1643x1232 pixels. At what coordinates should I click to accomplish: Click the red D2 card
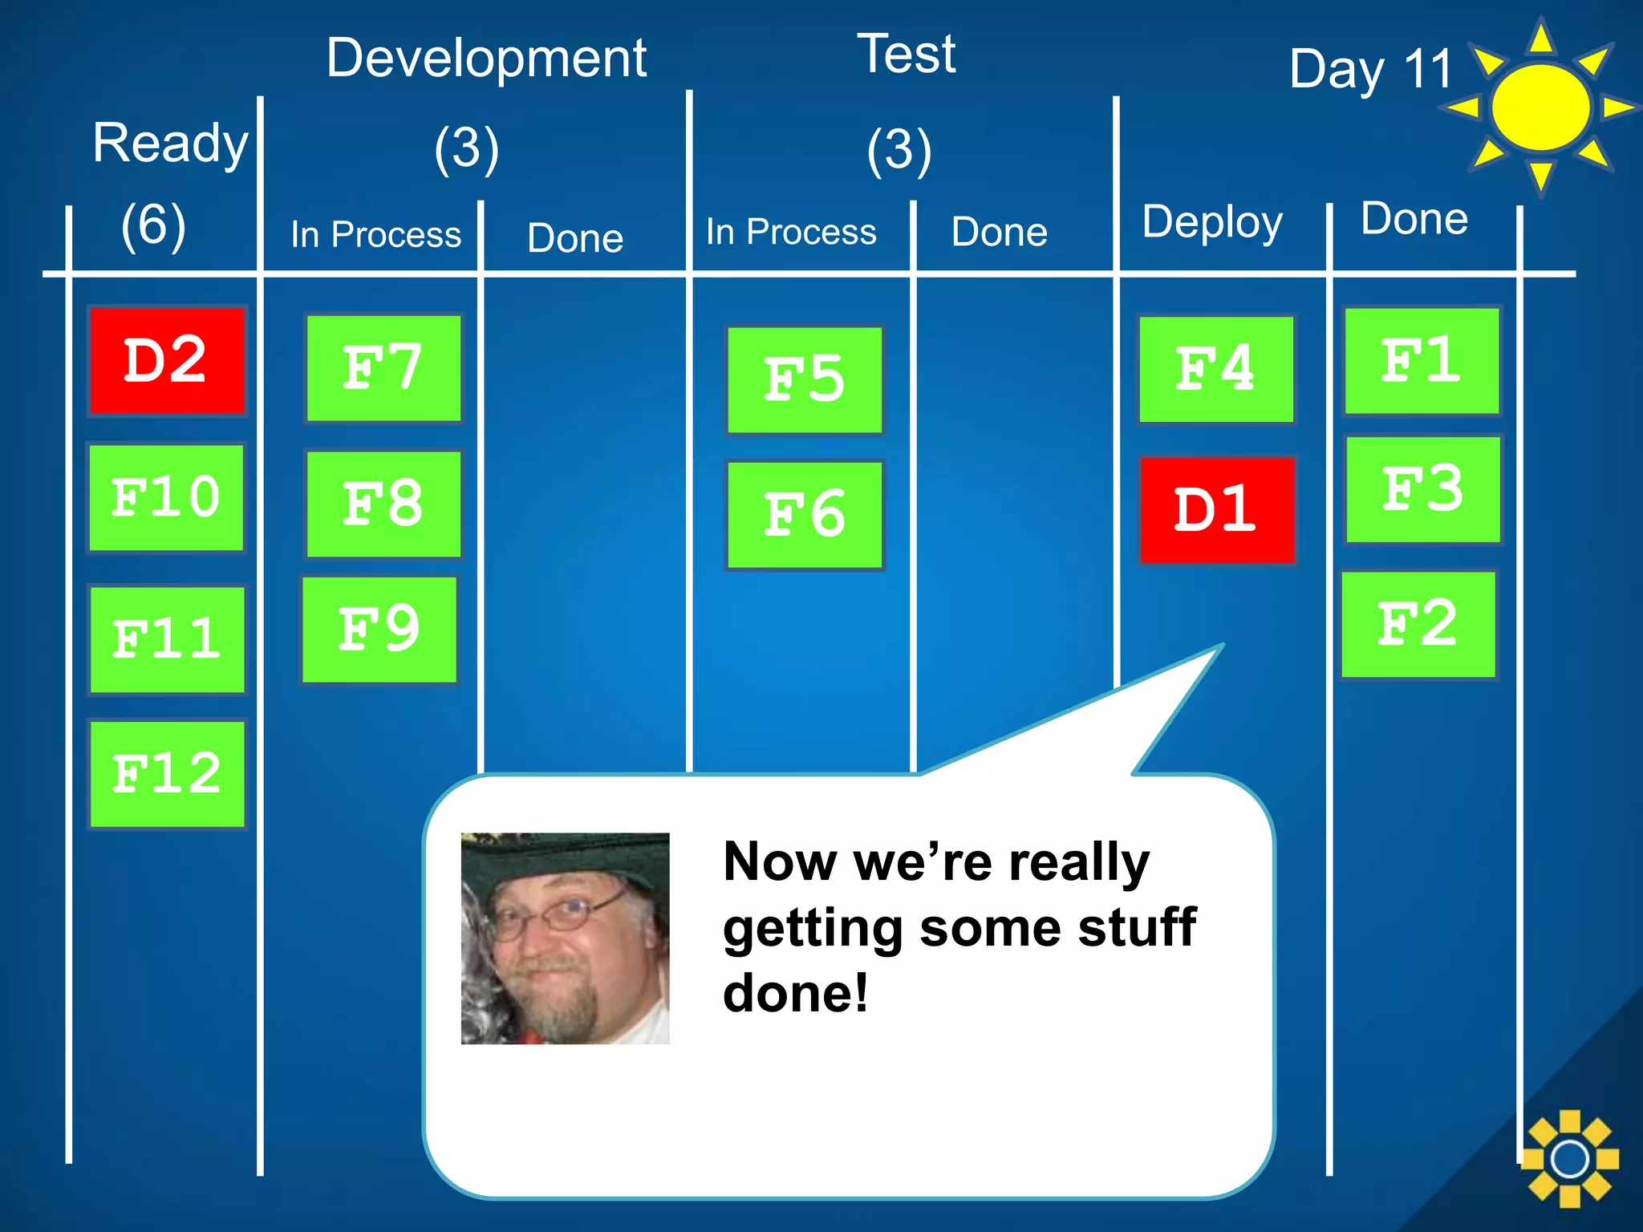coord(166,361)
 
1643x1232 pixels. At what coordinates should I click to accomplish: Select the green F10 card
coord(166,497)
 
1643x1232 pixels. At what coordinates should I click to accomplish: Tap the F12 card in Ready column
coord(167,774)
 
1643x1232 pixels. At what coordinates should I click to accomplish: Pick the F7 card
coord(383,368)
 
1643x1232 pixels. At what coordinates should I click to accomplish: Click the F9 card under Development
coord(379,630)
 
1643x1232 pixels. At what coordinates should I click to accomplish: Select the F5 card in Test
coord(805,379)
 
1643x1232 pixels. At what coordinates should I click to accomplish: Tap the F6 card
coord(805,515)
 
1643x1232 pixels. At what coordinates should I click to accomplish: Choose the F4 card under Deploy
coord(1216,369)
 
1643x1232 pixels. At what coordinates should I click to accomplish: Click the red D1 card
coord(1216,510)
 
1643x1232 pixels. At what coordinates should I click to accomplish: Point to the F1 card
coord(1422,361)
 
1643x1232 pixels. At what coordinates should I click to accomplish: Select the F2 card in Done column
coord(1418,624)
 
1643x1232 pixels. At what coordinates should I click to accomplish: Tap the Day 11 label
coord(1370,69)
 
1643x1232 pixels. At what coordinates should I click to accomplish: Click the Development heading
coord(486,58)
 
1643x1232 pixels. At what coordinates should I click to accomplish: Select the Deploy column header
coord(1211,221)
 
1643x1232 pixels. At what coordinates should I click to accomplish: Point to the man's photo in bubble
coord(565,938)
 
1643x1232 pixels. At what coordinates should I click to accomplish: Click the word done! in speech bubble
coord(794,993)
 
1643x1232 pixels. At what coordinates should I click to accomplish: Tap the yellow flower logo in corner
coord(1569,1158)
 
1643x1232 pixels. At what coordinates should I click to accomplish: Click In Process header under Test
coord(790,232)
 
